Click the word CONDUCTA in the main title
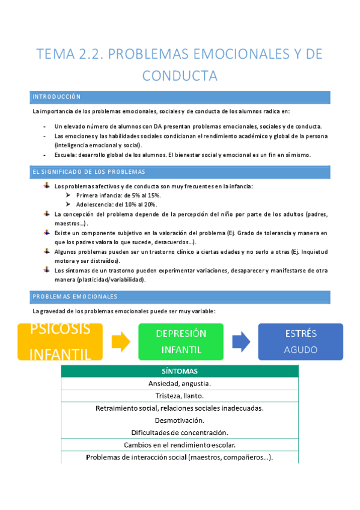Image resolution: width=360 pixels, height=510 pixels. pyautogui.click(x=180, y=76)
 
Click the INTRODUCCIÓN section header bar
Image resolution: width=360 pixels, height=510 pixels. pyautogui.click(x=180, y=97)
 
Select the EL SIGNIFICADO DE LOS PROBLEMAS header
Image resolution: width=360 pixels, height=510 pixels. pyautogui.click(x=180, y=173)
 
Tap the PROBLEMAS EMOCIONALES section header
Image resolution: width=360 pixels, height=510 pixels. pyautogui.click(x=180, y=296)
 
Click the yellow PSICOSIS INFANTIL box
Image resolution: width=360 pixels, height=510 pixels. pyautogui.click(x=60, y=342)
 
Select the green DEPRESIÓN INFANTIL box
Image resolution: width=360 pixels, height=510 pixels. pyautogui.click(x=180, y=342)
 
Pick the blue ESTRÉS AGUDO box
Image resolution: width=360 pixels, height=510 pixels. pyautogui.click(x=301, y=342)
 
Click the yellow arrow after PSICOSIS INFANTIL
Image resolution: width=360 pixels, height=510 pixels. pyautogui.click(x=121, y=342)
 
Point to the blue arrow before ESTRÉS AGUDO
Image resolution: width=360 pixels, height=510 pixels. pyautogui.click(x=241, y=342)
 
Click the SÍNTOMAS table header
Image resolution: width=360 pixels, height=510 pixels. pyautogui.click(x=180, y=371)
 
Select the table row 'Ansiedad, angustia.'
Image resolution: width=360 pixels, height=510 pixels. pyautogui.click(x=180, y=383)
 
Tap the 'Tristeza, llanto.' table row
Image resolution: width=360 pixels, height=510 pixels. pyautogui.click(x=180, y=396)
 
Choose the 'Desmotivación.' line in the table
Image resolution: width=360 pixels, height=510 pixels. pyautogui.click(x=180, y=420)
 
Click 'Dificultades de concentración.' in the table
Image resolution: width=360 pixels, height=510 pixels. pyautogui.click(x=180, y=432)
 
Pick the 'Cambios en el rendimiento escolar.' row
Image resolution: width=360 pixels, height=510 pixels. pyautogui.click(x=180, y=445)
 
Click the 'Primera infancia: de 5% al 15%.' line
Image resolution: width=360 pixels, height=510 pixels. pyautogui.click(x=118, y=195)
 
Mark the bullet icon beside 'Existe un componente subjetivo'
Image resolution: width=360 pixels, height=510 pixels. pyautogui.click(x=47, y=232)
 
